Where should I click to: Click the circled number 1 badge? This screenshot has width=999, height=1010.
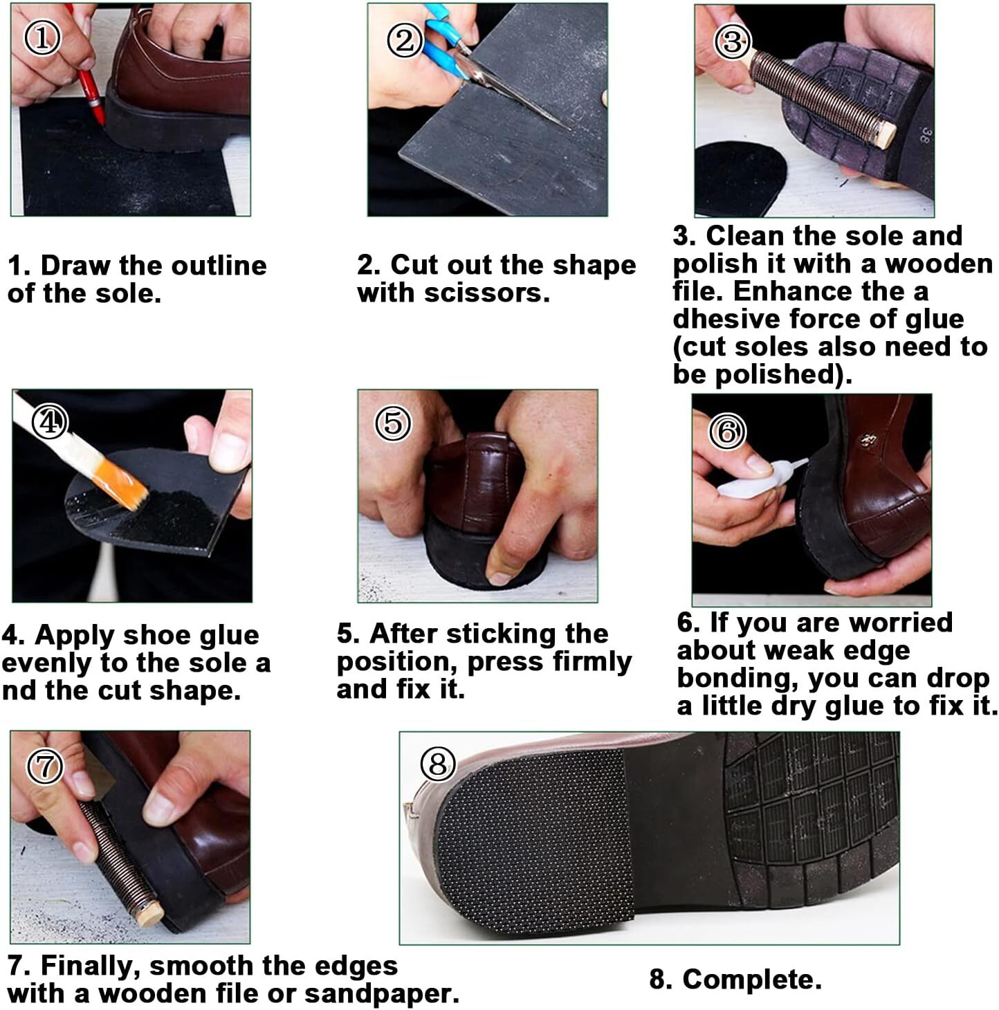(43, 37)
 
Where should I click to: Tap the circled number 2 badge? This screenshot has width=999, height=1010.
(405, 40)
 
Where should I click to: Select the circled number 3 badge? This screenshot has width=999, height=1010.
(733, 42)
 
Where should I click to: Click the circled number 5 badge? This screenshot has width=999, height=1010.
(393, 423)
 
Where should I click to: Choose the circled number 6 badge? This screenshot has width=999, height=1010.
(727, 432)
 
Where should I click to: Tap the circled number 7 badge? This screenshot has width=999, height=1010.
(45, 766)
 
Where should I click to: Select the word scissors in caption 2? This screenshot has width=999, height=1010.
(487, 293)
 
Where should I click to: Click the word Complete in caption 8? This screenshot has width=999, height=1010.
(751, 979)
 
